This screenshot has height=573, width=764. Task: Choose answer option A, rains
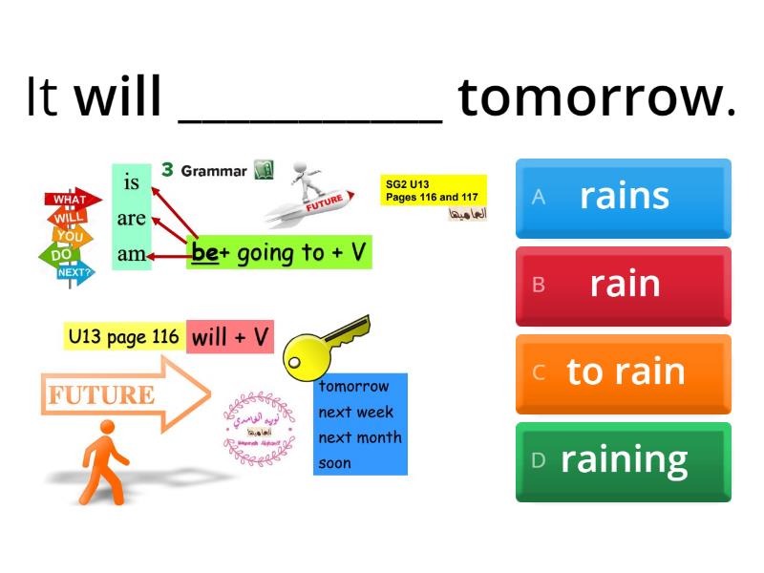[623, 197]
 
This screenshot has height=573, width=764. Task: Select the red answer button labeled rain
[623, 285]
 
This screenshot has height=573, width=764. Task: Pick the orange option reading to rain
[623, 372]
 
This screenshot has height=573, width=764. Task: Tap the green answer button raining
[623, 460]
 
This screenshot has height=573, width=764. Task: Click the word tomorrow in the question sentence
[597, 97]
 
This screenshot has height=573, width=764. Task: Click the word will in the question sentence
[118, 97]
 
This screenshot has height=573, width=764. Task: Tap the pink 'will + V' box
[230, 336]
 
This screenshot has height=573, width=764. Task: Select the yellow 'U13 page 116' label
[124, 336]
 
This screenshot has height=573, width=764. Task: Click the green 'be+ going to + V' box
[279, 253]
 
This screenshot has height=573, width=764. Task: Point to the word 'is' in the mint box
[132, 181]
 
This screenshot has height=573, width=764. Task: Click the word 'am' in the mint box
[132, 255]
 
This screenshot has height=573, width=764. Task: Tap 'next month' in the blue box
[360, 437]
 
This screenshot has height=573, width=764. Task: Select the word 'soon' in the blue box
[335, 463]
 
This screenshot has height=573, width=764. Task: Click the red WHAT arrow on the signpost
[71, 200]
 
